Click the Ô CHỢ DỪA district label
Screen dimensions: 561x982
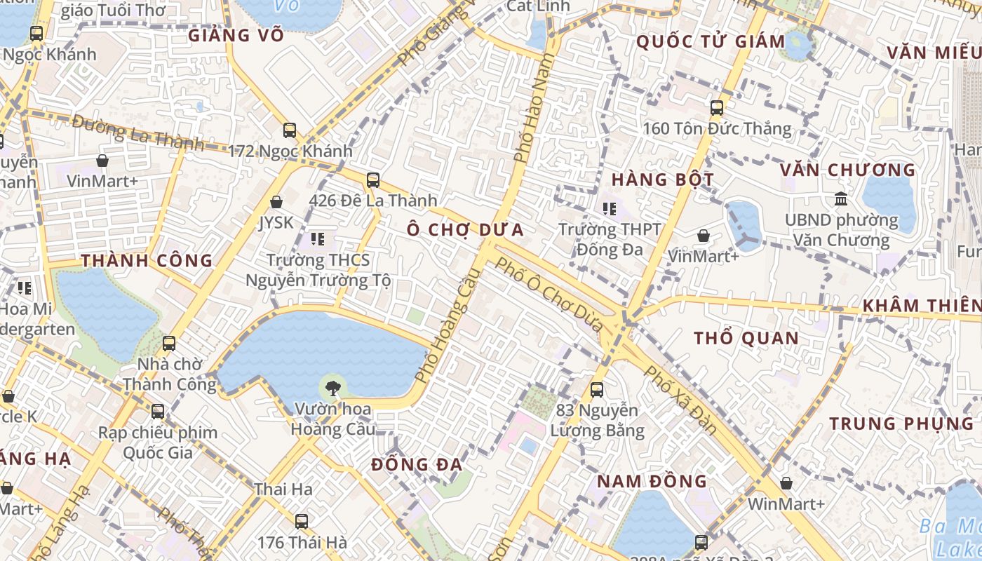tap(466, 230)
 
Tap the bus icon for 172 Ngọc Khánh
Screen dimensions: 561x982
tap(290, 130)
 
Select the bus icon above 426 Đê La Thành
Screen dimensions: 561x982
tap(373, 180)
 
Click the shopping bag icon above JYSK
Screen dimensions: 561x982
tap(276, 202)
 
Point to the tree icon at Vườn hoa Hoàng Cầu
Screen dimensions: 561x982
tap(332, 386)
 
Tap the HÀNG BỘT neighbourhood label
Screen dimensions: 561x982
tap(662, 180)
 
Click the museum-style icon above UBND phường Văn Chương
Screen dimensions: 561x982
tap(840, 199)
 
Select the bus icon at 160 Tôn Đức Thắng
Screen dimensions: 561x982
tap(716, 108)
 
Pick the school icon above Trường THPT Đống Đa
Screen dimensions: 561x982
tap(610, 208)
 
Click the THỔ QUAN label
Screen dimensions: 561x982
tap(746, 339)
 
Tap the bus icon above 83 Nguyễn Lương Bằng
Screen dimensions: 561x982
tap(597, 389)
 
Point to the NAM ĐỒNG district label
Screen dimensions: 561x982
tap(652, 481)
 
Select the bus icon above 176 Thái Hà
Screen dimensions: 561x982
tap(302, 522)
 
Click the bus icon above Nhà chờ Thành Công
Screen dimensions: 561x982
tap(169, 344)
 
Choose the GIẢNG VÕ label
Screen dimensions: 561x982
tap(236, 35)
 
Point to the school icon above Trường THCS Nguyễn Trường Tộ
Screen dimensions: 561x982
tap(318, 240)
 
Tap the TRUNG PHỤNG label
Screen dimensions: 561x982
tap(902, 424)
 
